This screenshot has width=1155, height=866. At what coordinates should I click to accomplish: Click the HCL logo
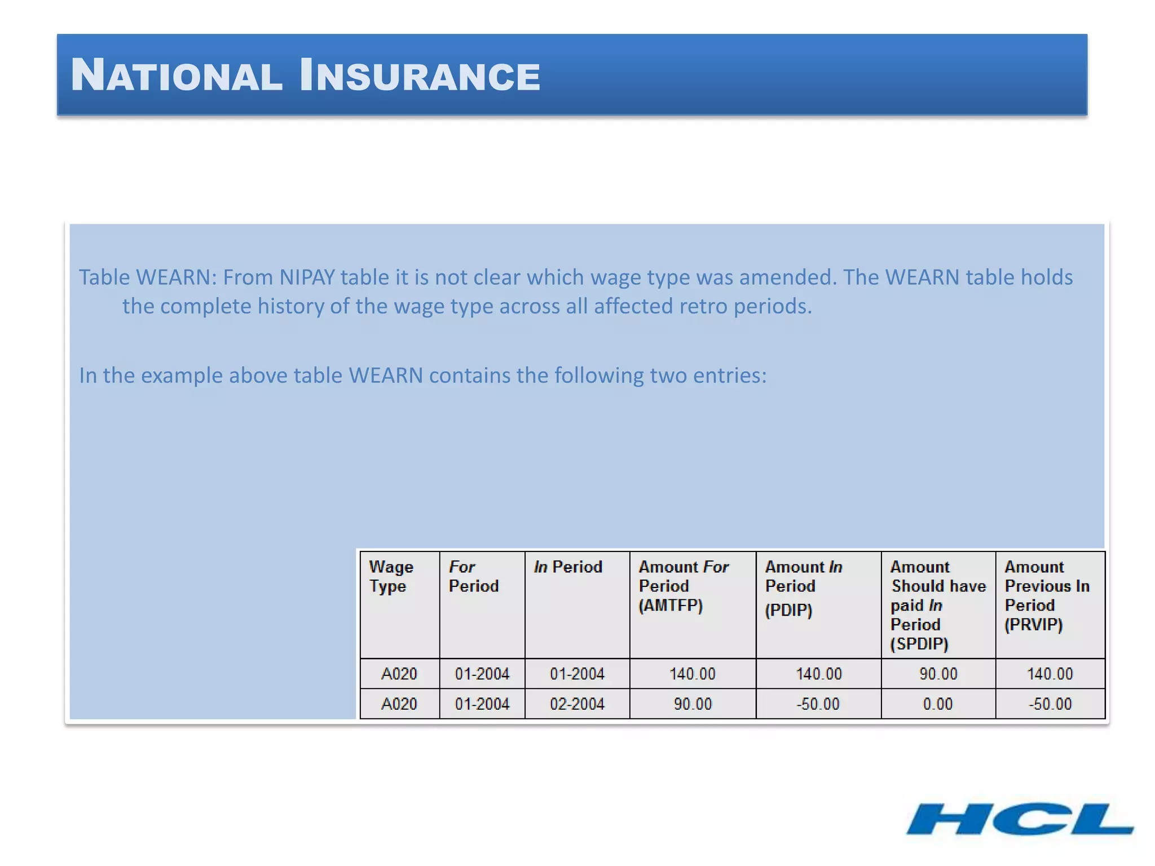[x=1020, y=819]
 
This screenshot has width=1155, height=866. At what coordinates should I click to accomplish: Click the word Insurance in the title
[x=420, y=76]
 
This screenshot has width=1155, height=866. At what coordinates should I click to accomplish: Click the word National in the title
[x=177, y=76]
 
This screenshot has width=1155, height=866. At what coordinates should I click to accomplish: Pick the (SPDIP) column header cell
[x=938, y=605]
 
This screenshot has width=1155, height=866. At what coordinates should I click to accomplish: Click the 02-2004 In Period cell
[x=577, y=704]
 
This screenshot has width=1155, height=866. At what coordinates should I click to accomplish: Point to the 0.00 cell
[x=937, y=704]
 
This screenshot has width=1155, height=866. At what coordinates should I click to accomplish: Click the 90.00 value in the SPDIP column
[x=938, y=674]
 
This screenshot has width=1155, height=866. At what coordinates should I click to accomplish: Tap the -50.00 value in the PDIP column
[x=818, y=704]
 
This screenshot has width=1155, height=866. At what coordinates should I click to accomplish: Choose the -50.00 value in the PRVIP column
[x=1050, y=704]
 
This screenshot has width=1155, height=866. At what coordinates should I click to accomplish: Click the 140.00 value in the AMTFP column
[x=692, y=674]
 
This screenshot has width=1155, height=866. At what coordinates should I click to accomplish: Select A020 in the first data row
[x=399, y=674]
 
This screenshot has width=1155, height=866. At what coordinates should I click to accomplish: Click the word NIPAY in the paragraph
[x=307, y=277]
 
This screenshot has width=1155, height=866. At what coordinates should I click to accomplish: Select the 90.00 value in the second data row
[x=692, y=704]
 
